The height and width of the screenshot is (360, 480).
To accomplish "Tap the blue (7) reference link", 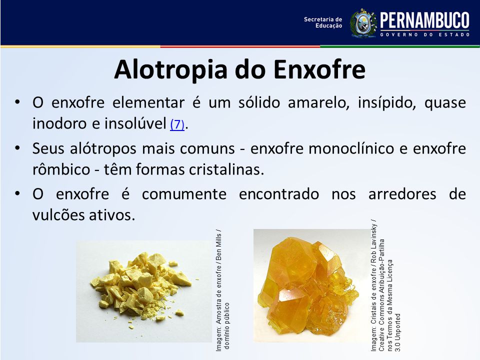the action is tap(177, 124).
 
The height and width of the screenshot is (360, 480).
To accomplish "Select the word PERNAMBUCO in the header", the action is tap(424, 20).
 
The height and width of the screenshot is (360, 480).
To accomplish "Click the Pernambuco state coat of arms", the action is tap(363, 23).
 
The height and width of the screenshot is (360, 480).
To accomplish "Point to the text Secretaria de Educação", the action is tap(323, 22).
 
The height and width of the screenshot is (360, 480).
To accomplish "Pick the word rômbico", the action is tap(61, 169).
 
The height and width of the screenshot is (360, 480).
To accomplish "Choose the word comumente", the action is tap(184, 194).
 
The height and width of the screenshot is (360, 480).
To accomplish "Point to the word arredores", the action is tap(402, 194).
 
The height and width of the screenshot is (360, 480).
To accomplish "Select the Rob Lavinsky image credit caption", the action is tap(385, 285).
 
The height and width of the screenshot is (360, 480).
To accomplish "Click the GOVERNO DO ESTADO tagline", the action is tap(425, 35).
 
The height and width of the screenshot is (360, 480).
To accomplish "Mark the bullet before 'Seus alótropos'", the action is tap(17, 148).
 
